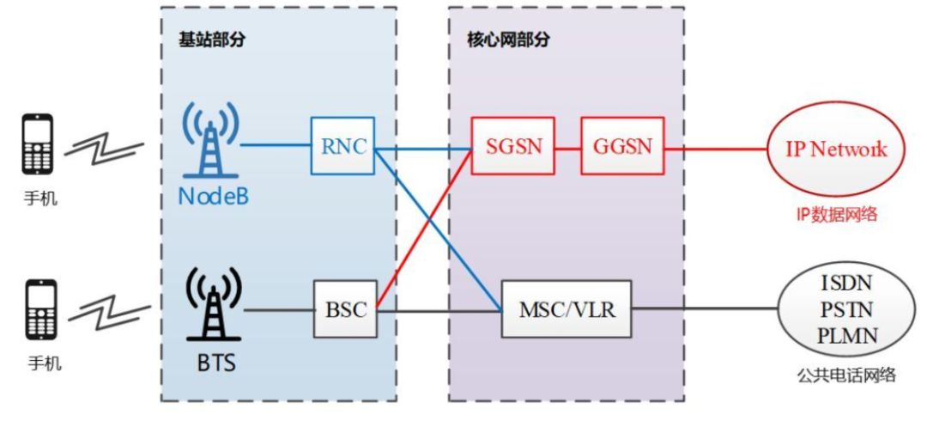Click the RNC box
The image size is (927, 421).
coord(342,146)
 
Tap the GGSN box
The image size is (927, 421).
coord(622,146)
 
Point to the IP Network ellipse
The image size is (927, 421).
coord(834,149)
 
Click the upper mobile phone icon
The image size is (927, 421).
coord(38,144)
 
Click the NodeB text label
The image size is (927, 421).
coord(214,197)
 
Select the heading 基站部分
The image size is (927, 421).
coord(207,40)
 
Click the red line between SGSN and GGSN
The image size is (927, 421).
coord(566,147)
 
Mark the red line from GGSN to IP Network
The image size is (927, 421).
coord(714,147)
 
